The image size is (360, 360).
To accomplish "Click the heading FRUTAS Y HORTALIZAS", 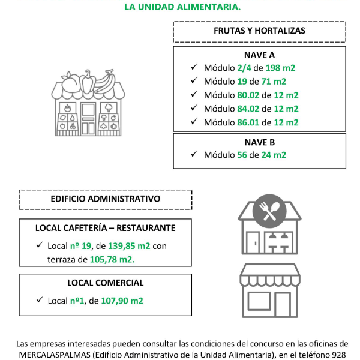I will pos(259,30).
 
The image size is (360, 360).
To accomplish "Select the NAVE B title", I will pos(259,142).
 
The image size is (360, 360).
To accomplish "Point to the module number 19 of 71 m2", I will pos(244,82).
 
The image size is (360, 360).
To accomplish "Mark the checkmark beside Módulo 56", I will pos(193,154).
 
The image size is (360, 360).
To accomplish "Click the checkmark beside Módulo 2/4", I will pos(193,67).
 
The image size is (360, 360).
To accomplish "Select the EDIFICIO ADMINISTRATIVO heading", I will pos(105,198).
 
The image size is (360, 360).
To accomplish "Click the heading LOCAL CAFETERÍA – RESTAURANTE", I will pos(105,228).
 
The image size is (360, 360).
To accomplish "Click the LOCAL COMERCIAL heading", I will pos(105,283).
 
